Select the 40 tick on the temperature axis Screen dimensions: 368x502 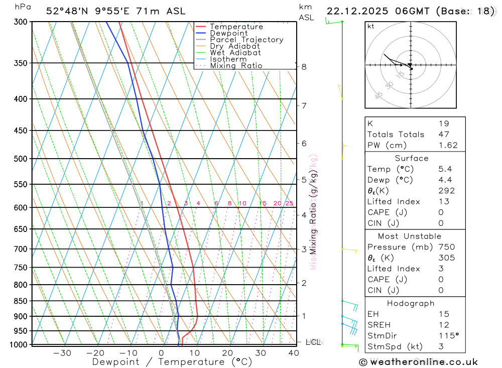pos(294,353)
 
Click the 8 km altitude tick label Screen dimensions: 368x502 pos(304,67)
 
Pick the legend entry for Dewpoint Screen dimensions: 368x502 pos(228,33)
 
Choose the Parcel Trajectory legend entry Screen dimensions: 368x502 pos(246,40)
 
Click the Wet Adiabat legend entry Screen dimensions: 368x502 pos(235,53)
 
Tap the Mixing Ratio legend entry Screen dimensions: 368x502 pos(236,66)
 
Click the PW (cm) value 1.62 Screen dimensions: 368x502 pos(448,145)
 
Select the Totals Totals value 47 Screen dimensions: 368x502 pos(444,134)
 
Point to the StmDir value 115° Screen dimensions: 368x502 pos(448,336)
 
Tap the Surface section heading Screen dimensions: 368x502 pos(412,158)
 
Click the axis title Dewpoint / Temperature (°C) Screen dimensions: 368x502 pos(172,361)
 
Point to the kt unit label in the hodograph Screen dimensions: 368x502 pos(371,27)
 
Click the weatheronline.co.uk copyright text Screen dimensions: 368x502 pos(419,362)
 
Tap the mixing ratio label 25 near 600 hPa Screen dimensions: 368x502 pos(289,203)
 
